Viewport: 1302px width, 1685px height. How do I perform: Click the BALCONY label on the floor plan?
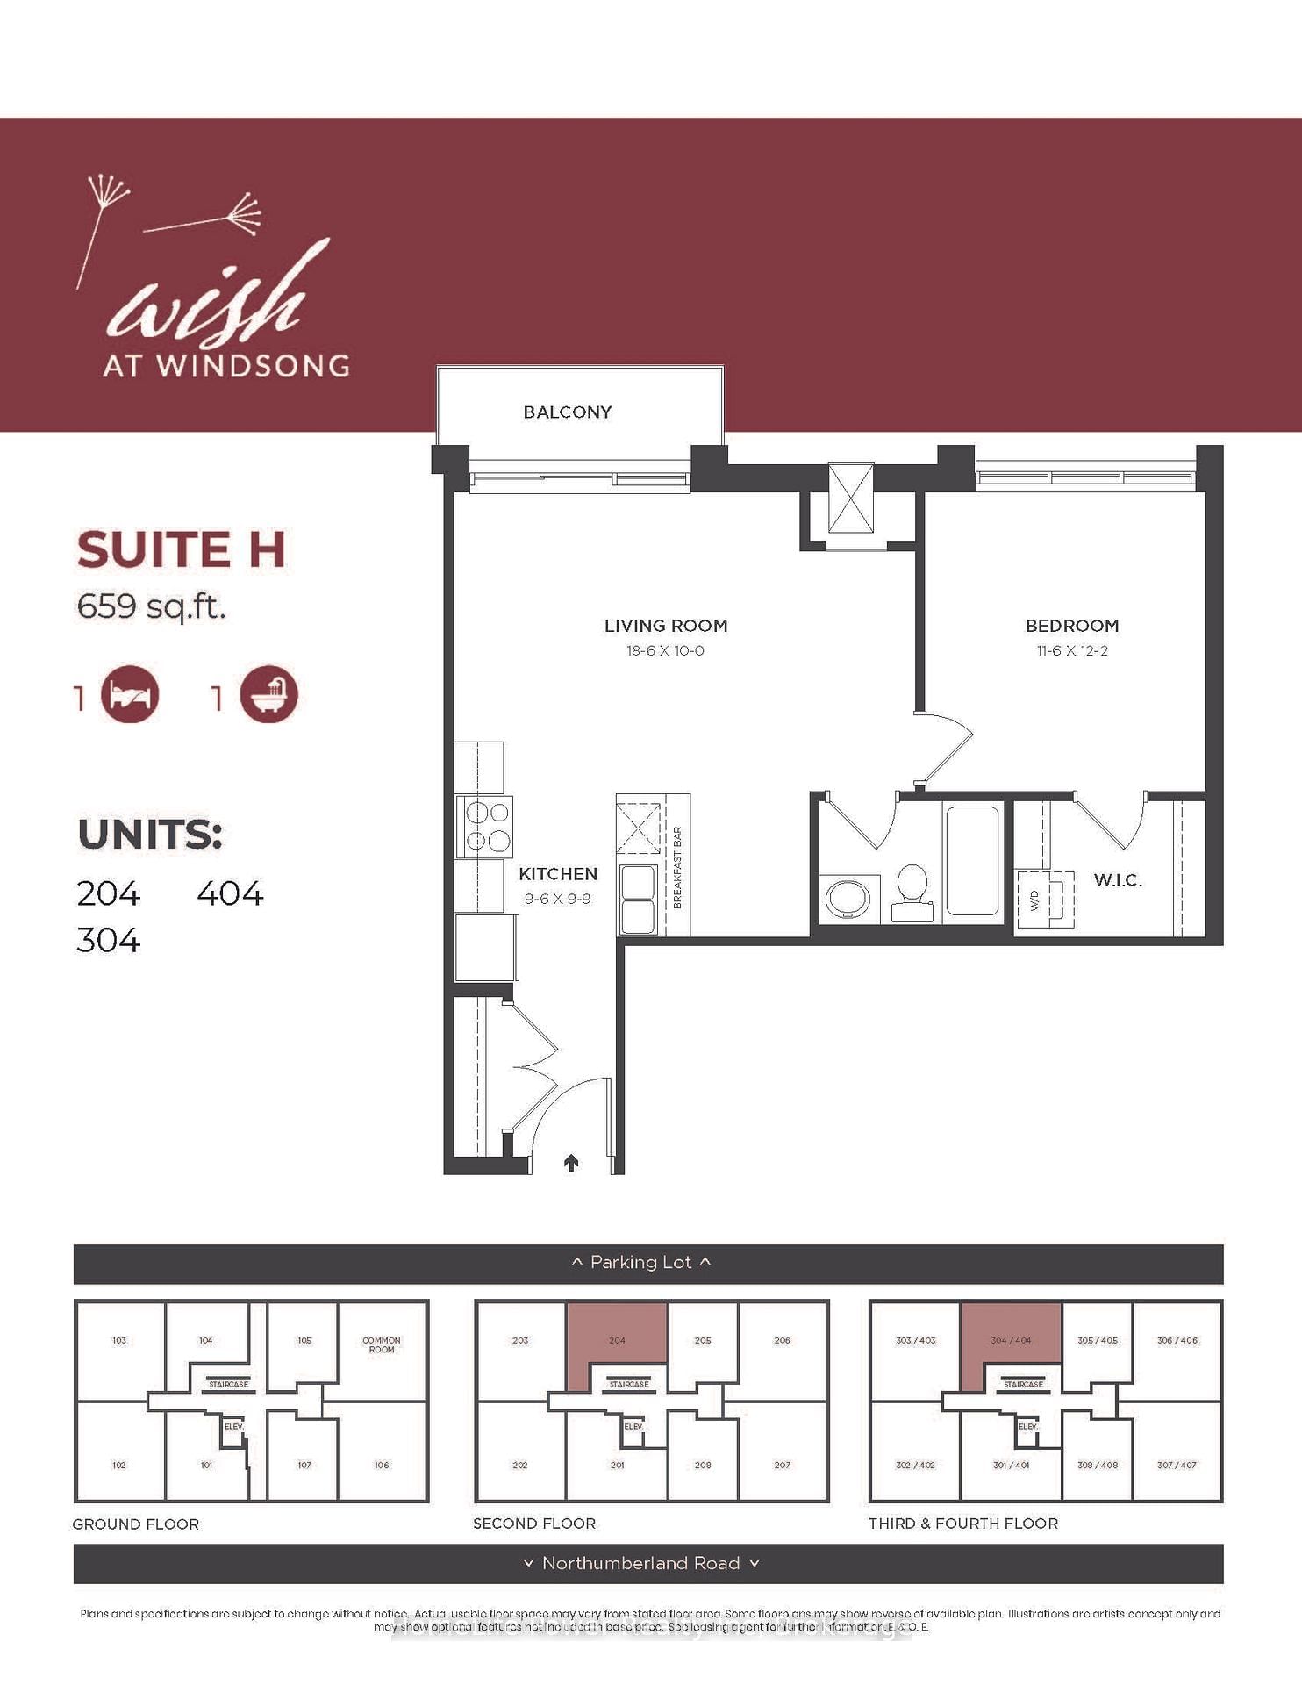click(567, 412)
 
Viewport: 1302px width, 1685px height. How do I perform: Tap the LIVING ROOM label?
click(665, 626)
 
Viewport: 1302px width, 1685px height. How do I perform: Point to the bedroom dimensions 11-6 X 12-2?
click(1071, 650)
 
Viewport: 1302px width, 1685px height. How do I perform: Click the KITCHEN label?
click(557, 874)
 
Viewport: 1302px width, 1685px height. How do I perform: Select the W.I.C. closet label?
click(1117, 880)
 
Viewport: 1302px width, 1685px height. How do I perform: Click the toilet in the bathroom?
click(912, 893)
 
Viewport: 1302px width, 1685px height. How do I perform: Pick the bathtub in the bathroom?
click(972, 860)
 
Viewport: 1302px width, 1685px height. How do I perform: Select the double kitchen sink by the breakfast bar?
click(638, 899)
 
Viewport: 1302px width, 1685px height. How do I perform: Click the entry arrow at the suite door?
click(571, 1163)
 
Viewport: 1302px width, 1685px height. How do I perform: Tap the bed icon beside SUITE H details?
click(130, 695)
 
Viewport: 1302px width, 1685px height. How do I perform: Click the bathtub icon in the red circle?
click(268, 695)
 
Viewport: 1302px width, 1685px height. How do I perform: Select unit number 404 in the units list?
click(230, 893)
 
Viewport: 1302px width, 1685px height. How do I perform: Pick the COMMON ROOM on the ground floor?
click(381, 1344)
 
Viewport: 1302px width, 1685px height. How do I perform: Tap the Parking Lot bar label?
click(640, 1262)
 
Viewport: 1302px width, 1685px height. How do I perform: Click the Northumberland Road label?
click(640, 1563)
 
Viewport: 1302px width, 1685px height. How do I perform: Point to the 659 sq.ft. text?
click(151, 606)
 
